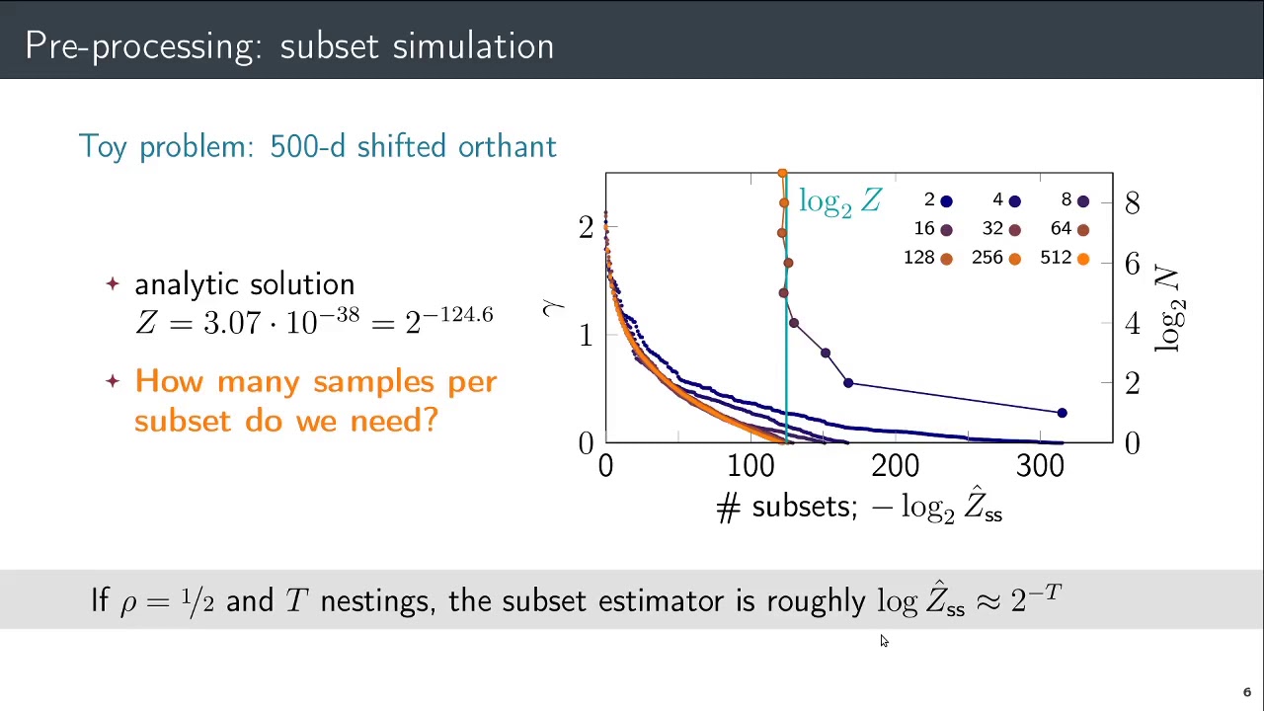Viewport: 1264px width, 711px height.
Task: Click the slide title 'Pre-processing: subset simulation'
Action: [x=289, y=46]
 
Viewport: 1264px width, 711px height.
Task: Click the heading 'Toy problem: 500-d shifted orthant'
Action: [x=317, y=146]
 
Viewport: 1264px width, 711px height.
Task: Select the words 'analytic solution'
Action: [x=244, y=284]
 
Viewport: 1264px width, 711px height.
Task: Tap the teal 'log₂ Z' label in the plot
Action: [x=839, y=201]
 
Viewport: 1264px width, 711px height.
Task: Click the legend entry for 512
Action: [x=1065, y=258]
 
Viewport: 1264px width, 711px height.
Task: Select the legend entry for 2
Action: [x=938, y=200]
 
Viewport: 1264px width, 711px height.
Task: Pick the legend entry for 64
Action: [x=1069, y=229]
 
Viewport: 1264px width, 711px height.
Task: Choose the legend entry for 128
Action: [x=927, y=258]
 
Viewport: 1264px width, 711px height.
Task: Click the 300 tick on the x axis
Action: [x=1040, y=465]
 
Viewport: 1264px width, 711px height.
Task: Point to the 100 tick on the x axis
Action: [x=751, y=465]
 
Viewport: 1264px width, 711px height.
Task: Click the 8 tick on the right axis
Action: [x=1132, y=202]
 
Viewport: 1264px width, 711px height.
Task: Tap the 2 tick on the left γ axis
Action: [x=586, y=227]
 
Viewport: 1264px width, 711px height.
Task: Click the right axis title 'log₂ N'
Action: [x=1168, y=308]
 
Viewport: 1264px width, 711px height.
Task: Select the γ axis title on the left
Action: [x=552, y=307]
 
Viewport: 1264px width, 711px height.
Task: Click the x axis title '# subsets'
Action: [x=786, y=507]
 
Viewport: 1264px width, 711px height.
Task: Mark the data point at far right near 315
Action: [x=1062, y=413]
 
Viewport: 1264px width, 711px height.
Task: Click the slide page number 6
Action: [x=1246, y=692]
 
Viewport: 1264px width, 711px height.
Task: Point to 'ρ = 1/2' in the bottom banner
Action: [x=167, y=600]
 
